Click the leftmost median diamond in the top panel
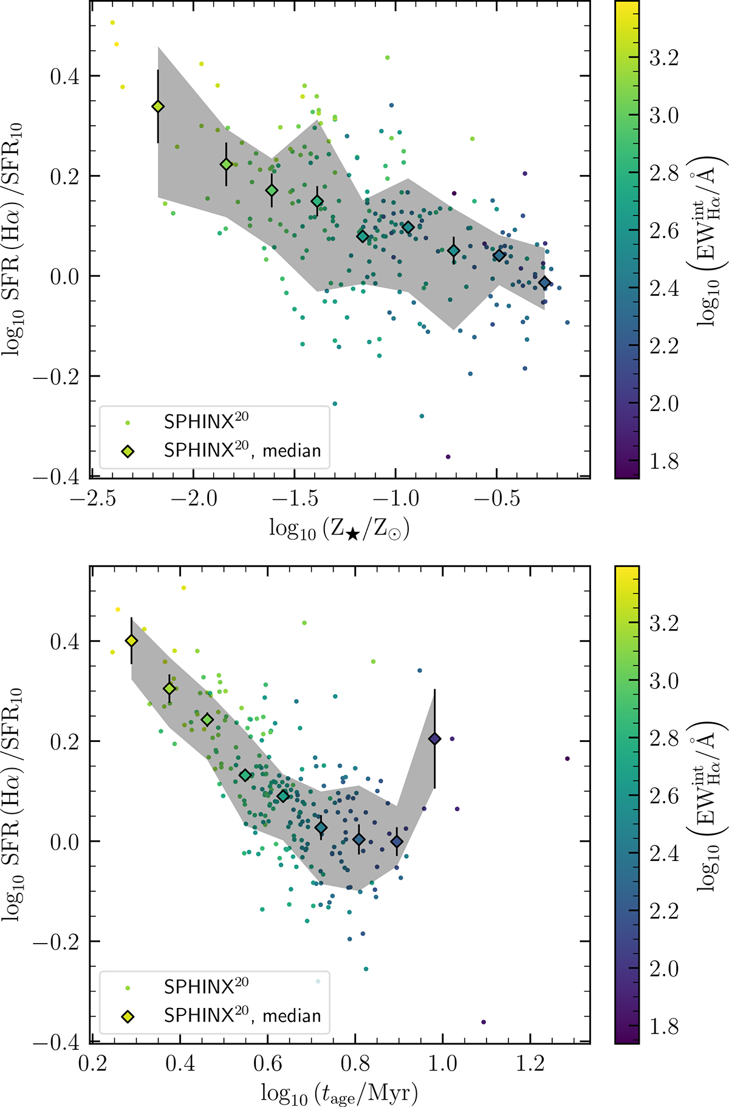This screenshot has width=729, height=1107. tap(158, 106)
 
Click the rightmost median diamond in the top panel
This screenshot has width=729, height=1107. tap(544, 282)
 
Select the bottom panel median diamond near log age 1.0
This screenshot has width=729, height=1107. tap(434, 738)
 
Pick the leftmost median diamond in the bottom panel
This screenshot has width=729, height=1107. tap(131, 641)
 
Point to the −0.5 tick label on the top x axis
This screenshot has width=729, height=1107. tap(496, 499)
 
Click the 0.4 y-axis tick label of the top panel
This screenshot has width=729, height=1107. tap(65, 77)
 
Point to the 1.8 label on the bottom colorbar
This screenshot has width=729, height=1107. tap(663, 1026)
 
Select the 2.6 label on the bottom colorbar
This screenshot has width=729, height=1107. tap(663, 795)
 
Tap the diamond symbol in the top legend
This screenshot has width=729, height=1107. tap(128, 451)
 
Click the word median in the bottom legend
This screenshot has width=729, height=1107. tap(292, 1015)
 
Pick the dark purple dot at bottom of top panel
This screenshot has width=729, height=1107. tap(448, 457)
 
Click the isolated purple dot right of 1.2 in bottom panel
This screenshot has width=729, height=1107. tap(567, 758)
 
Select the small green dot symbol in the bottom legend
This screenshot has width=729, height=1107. tap(128, 988)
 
